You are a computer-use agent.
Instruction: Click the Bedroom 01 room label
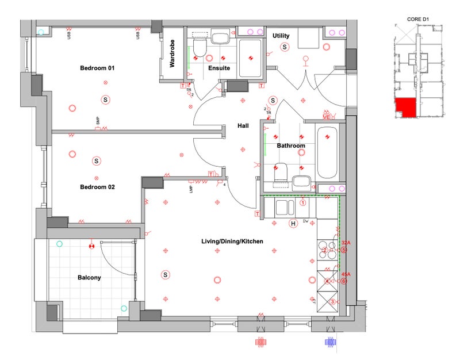pos(97,68)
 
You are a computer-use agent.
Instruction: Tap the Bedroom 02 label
pos(97,187)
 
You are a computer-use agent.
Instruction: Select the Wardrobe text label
pos(172,54)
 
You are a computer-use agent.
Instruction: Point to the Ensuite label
pos(219,68)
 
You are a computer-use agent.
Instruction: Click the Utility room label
pos(281,36)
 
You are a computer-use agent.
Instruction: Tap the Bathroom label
pos(291,146)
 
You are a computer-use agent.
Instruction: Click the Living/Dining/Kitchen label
pos(232,242)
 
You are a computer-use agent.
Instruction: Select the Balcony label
pos(89,278)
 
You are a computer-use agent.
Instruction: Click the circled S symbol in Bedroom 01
pos(105,99)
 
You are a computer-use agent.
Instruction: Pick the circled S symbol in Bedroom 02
pos(97,161)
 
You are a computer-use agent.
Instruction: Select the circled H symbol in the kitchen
pos(293,223)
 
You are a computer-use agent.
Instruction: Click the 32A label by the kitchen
pos(346,243)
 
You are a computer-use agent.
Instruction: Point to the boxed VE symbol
pos(327,117)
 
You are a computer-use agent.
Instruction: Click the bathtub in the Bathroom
pos(328,152)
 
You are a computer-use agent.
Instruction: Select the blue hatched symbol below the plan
pos(330,341)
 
